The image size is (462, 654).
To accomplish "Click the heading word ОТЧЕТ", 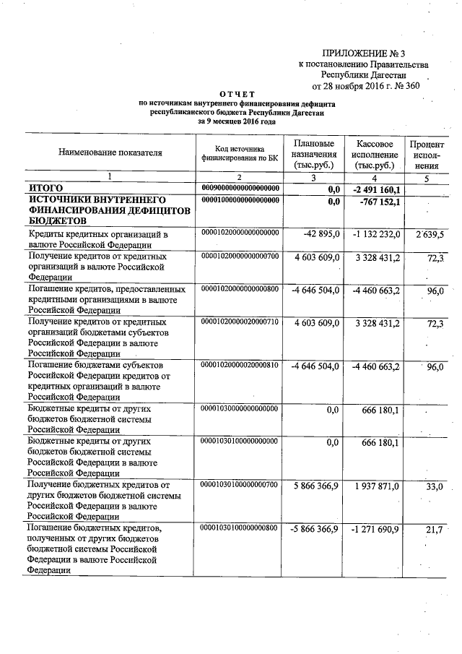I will tap(237, 95).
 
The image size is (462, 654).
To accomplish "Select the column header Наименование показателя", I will tap(110, 152).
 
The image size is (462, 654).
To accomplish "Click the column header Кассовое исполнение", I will tap(374, 154).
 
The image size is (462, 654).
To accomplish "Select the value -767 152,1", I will tap(378, 202).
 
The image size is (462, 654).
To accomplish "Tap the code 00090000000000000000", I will tap(240, 188).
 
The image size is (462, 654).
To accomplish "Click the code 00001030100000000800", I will tap(240, 529).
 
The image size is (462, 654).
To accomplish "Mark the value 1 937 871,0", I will tap(377, 488).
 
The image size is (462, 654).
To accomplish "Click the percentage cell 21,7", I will tap(434, 530).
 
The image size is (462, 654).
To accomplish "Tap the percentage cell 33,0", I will tap(434, 488).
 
